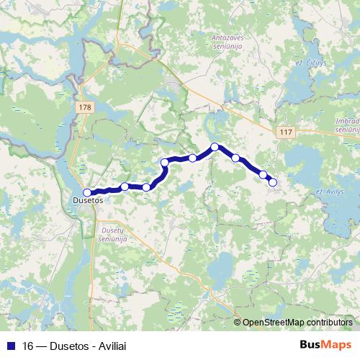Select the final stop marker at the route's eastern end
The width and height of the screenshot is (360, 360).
point(273,182)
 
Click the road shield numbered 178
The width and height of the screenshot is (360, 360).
point(86,107)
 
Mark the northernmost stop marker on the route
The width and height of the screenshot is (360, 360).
point(215,147)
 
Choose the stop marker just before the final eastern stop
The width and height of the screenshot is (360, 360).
point(263,174)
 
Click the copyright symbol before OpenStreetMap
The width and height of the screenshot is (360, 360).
point(238,323)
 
